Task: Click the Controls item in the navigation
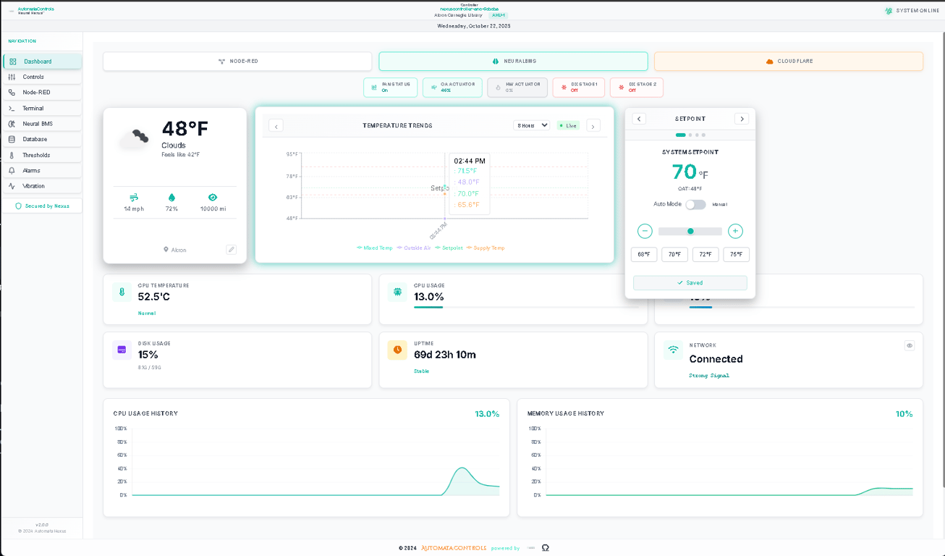click(33, 77)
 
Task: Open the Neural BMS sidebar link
click(37, 124)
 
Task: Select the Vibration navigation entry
click(33, 186)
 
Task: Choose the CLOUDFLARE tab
click(788, 62)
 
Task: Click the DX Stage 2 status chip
click(636, 87)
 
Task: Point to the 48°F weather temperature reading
click(185, 129)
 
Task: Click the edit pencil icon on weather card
click(232, 250)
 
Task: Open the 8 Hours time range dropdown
click(531, 125)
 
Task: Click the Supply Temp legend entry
click(486, 248)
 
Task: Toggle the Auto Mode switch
click(695, 204)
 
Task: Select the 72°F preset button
click(705, 254)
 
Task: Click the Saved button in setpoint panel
click(690, 283)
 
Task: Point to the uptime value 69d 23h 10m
click(444, 355)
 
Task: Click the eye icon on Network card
click(910, 345)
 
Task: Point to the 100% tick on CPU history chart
click(121, 429)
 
